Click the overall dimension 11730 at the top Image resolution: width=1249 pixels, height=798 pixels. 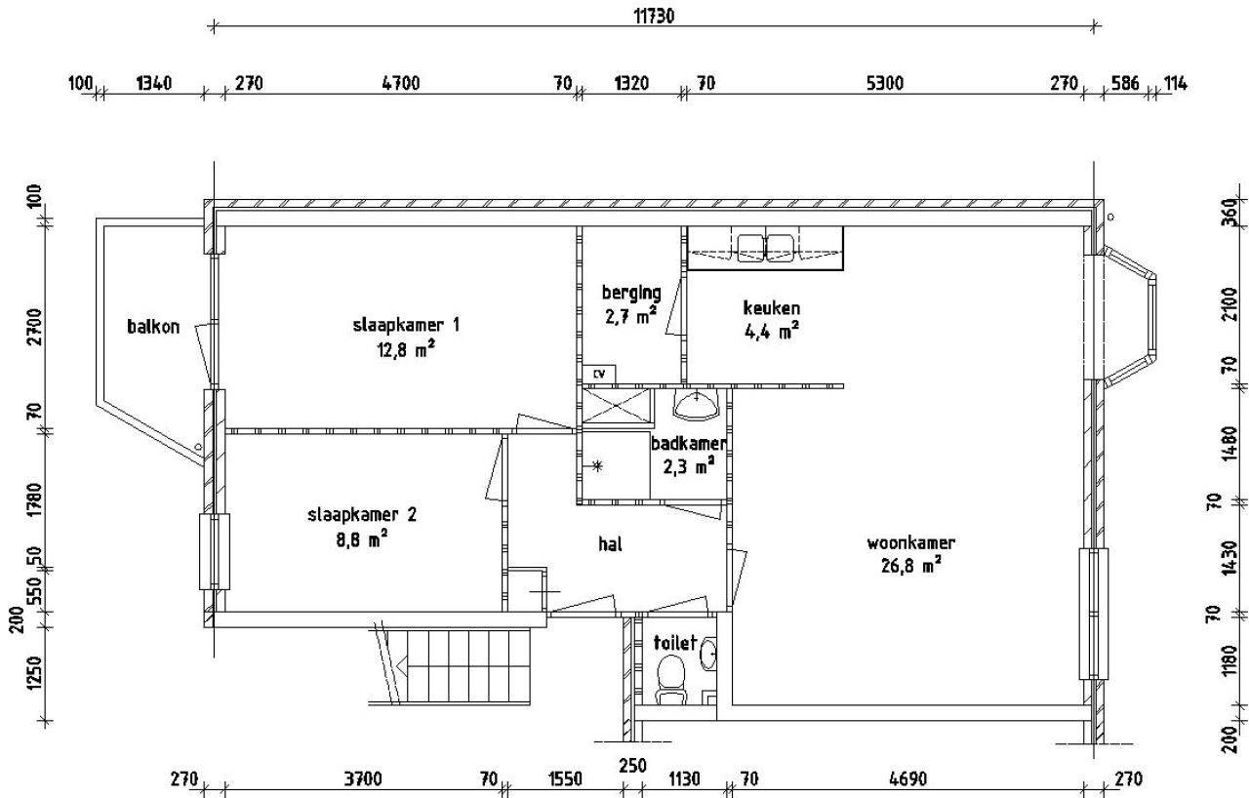[654, 17]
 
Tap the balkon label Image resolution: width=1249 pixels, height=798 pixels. [153, 327]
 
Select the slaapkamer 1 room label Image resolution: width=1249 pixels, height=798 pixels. [406, 325]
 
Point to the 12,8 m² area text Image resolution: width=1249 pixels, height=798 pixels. [406, 349]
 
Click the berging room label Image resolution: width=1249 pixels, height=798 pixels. [631, 293]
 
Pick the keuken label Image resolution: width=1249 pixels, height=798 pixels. [771, 307]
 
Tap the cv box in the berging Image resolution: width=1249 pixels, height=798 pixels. [599, 374]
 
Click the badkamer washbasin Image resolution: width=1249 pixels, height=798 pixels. [696, 405]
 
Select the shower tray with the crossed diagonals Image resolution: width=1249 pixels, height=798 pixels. [617, 406]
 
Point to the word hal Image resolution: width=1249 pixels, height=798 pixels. [610, 544]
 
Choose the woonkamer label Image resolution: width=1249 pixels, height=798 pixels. [910, 542]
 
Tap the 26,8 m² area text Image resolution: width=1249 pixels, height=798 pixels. [910, 566]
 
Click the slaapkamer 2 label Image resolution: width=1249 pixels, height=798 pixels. [362, 514]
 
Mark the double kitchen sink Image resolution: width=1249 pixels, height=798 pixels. [766, 248]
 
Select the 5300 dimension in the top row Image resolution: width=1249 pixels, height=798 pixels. [885, 84]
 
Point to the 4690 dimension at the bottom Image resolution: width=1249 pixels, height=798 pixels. [907, 778]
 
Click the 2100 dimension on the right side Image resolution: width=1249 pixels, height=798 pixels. [1229, 303]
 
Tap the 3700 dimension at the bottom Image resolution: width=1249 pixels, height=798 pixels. [363, 778]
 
